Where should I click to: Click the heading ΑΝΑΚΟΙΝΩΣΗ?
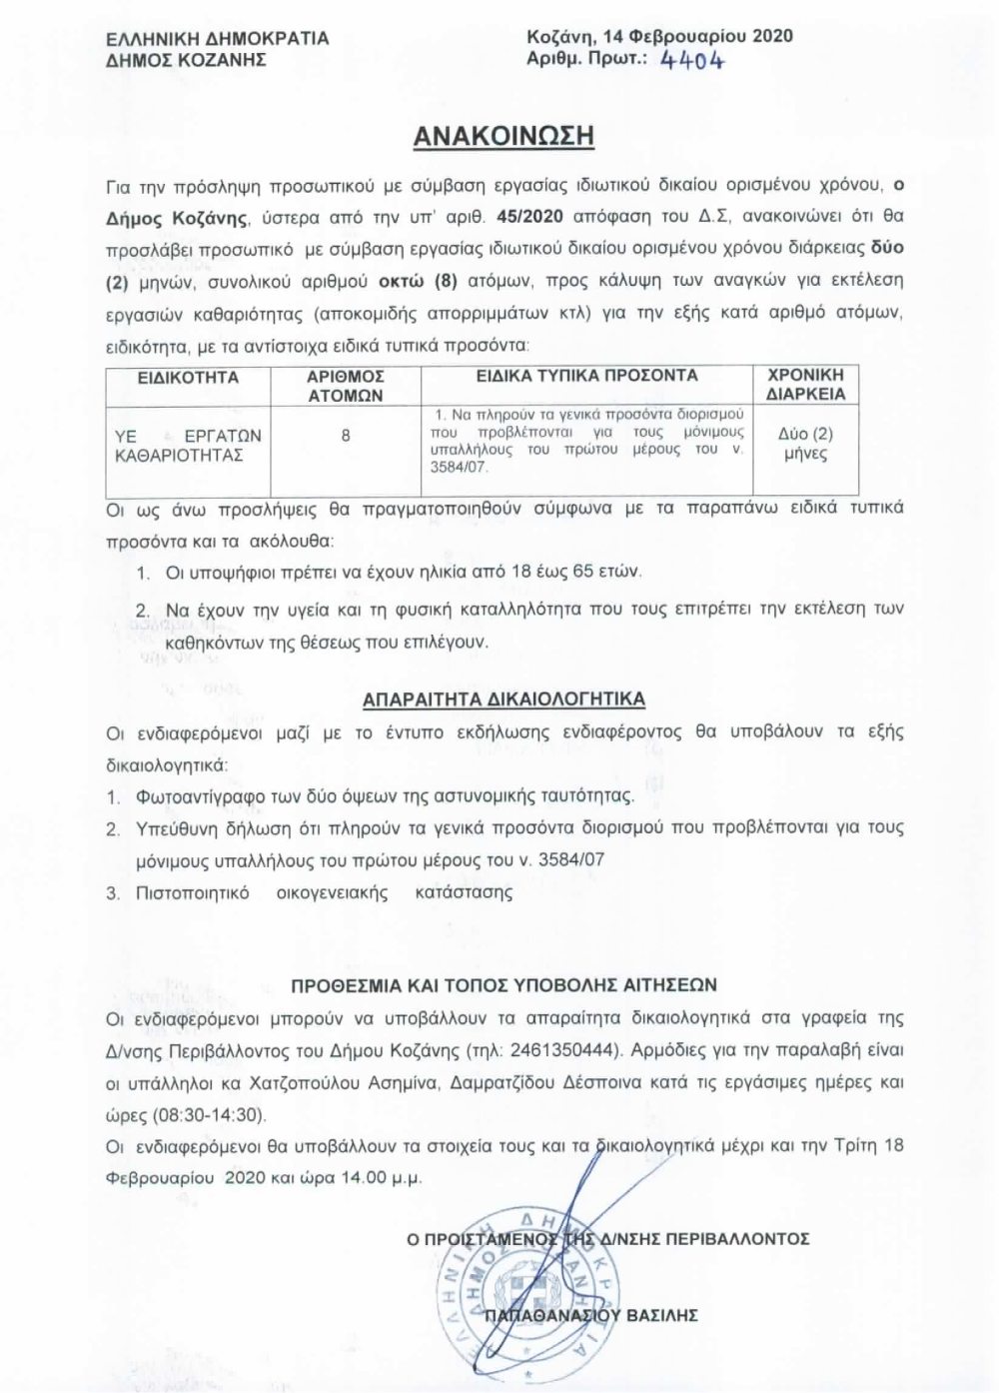pyautogui.click(x=503, y=137)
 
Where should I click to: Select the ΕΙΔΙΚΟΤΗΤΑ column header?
pyautogui.click(x=188, y=378)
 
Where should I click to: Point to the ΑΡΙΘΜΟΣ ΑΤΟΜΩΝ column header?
pyautogui.click(x=346, y=386)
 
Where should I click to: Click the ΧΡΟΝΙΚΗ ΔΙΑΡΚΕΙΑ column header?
pyautogui.click(x=805, y=385)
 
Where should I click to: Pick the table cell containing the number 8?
pyautogui.click(x=346, y=436)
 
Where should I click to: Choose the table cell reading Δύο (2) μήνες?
pyautogui.click(x=805, y=444)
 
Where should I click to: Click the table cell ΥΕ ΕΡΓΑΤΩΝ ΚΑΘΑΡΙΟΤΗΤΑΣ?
pyautogui.click(x=187, y=446)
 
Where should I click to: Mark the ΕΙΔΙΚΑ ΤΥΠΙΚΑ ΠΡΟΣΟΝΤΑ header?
pyautogui.click(x=586, y=376)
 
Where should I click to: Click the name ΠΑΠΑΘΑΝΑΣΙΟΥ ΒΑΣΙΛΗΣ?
pyautogui.click(x=590, y=1316)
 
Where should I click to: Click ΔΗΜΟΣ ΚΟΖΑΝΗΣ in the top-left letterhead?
pyautogui.click(x=186, y=60)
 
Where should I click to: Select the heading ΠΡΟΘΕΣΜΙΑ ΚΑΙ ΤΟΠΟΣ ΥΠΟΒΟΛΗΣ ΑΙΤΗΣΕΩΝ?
pyautogui.click(x=503, y=985)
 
